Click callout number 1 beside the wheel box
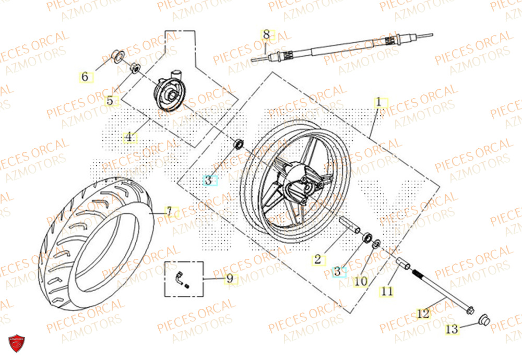[379, 102]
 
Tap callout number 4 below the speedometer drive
[129, 138]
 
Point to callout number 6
[85, 77]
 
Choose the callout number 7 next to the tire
[169, 212]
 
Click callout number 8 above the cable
[266, 35]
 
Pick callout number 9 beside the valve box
[229, 279]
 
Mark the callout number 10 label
[360, 281]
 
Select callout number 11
[386, 292]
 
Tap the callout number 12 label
[423, 314]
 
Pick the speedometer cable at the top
[345, 47]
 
